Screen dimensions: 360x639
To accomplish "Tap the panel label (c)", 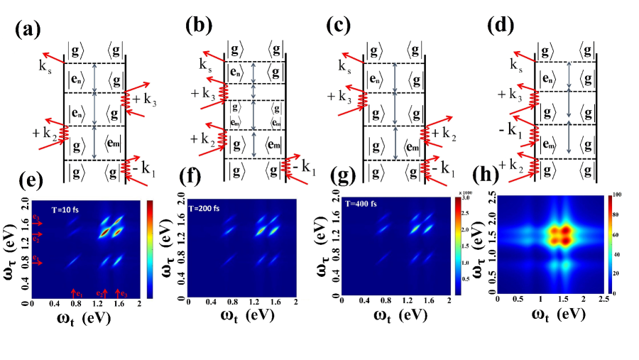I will (x=340, y=26).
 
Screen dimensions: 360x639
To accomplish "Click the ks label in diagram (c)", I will (x=343, y=70).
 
